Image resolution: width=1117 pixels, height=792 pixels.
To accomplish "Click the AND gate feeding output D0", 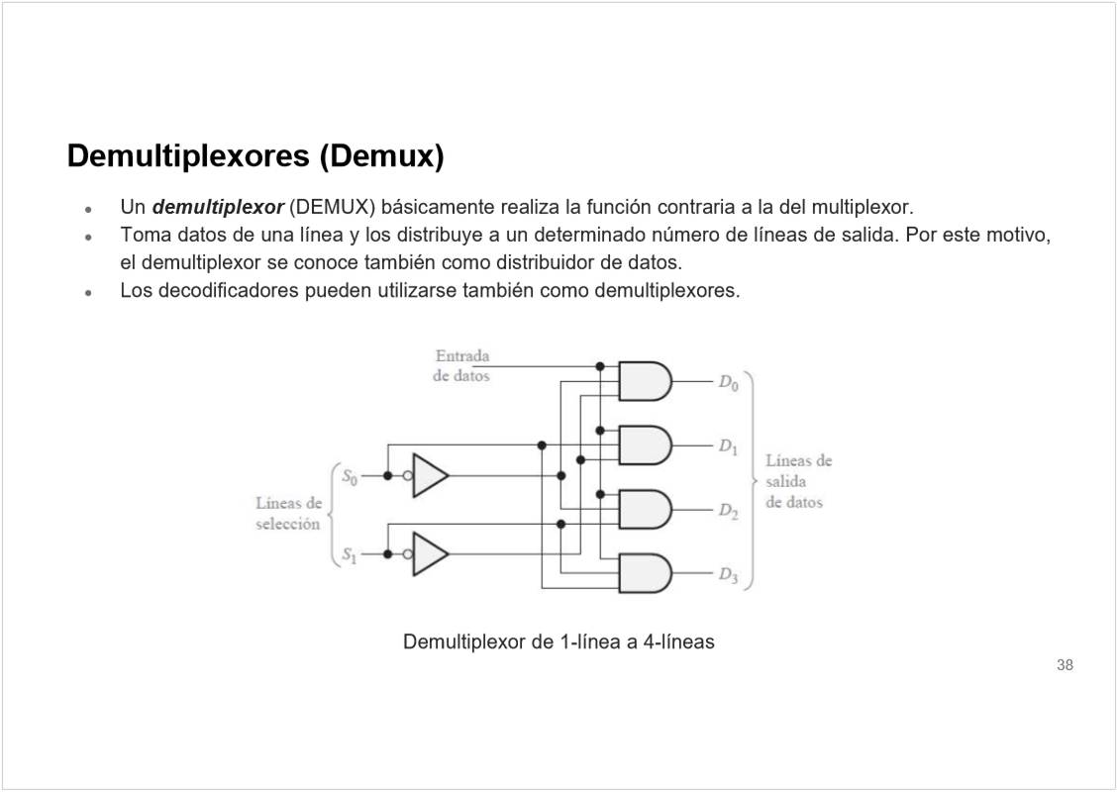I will (x=644, y=381).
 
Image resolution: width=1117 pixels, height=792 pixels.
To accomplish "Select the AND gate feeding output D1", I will (x=644, y=445).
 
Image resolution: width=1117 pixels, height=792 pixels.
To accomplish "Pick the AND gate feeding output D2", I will (x=644, y=509).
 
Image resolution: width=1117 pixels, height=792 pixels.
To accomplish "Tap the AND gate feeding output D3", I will (x=644, y=573).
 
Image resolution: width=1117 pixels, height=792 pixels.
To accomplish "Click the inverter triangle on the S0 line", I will (x=430, y=475).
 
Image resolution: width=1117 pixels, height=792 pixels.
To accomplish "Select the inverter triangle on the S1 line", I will (x=430, y=554).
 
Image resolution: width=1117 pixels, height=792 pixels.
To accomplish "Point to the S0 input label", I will (x=349, y=476).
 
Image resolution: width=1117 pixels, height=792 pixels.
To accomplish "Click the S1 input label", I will (x=349, y=555).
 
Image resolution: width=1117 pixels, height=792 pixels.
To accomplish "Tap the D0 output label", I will (x=728, y=382).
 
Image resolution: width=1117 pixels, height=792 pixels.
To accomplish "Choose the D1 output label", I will (x=728, y=446).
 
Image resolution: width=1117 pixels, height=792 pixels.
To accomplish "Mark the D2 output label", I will (x=728, y=511).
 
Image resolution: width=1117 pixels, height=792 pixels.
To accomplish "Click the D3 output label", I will (x=728, y=574).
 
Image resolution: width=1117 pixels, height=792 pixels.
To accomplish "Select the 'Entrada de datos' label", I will (x=461, y=365).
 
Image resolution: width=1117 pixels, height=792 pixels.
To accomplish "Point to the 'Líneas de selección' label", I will (x=288, y=513).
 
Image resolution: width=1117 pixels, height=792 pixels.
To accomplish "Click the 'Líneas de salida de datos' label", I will (x=797, y=481).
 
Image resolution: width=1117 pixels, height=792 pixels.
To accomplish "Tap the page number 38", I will (x=1065, y=665).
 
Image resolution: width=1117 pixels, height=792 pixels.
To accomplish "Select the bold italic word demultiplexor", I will (x=219, y=208).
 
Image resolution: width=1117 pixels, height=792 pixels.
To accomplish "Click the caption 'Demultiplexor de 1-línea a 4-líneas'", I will (x=558, y=642).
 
